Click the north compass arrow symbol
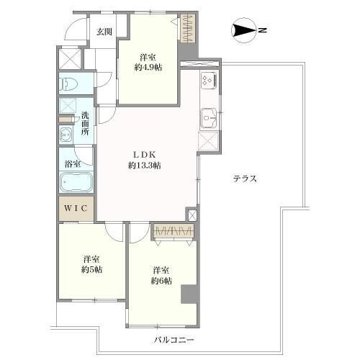coord(243,30)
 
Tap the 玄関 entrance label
coord(104,31)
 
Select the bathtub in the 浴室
coord(76,183)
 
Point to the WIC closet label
coord(76,208)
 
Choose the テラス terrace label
coord(246,179)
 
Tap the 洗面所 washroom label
coord(85,124)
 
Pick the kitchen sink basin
coord(208,115)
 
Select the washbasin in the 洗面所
coord(67,134)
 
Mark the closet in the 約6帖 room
coord(174,231)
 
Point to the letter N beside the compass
coord(263,30)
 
